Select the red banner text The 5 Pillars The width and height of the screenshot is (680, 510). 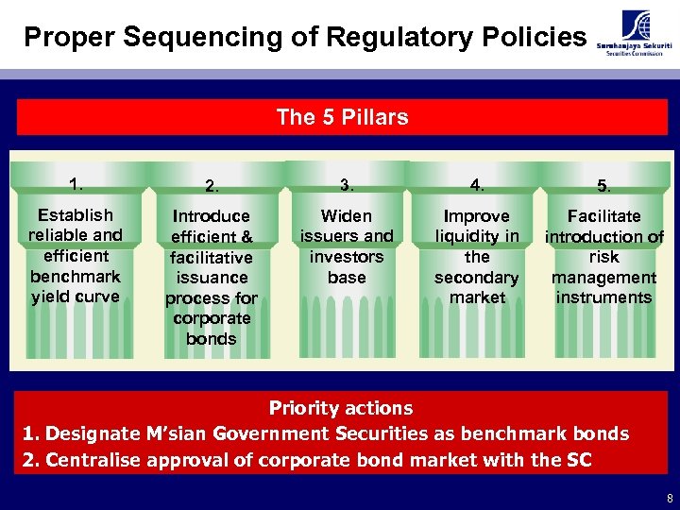coord(342,118)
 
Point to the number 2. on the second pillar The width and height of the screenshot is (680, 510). coord(212,186)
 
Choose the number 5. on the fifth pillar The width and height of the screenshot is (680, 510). coord(603,186)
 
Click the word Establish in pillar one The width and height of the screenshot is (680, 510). coord(76,215)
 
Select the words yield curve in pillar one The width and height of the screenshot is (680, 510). coord(76,297)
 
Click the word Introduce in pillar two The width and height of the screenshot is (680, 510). coord(212,216)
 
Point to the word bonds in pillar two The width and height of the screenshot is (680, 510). coord(212,338)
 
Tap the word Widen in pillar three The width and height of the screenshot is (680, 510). coord(347,216)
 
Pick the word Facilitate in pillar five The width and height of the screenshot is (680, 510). coord(603,216)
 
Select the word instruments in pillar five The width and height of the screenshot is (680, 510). coord(603,297)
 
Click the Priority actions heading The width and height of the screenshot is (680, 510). coord(341,408)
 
